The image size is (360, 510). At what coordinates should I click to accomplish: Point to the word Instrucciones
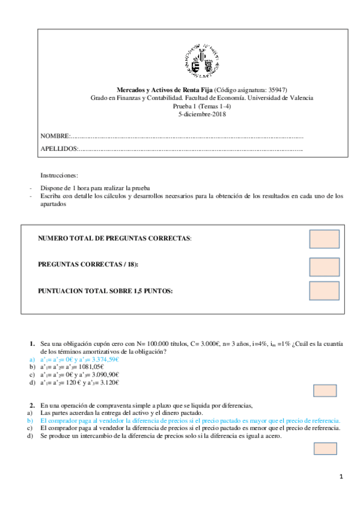pos(59,175)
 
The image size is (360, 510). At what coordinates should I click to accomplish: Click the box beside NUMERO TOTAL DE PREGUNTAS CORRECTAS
pos(324,239)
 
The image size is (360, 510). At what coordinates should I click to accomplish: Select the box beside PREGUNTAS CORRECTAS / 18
pos(324,267)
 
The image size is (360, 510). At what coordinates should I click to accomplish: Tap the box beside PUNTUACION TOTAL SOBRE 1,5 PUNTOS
pos(324,290)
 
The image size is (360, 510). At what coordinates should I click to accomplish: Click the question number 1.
pos(32,343)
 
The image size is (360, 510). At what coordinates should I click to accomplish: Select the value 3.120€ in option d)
pos(109,382)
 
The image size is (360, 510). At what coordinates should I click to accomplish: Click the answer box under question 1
pos(325,391)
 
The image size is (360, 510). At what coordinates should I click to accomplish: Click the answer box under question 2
pos(325,448)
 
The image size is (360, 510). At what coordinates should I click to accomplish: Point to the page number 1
pos(341,478)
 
